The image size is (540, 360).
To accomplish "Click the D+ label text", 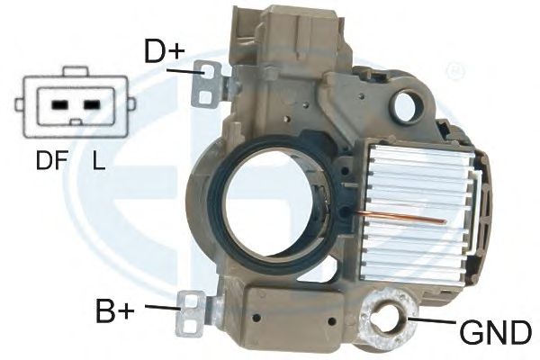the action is pos(165,51).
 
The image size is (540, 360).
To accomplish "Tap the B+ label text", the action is pos(114,311).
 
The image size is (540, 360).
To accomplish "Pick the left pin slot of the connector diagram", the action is pos(58,104).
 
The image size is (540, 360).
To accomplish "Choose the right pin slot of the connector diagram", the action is pos(92,104).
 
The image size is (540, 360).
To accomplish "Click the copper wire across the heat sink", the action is pos(400,218).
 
